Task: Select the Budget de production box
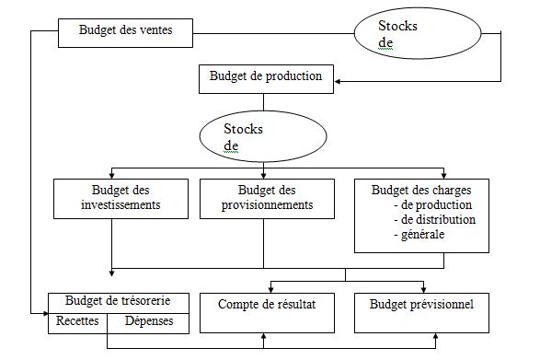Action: click(266, 77)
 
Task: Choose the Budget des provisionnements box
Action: click(267, 198)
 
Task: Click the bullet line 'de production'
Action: click(431, 204)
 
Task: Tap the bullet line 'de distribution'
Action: click(433, 220)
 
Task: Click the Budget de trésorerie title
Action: click(122, 301)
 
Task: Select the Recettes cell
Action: click(79, 321)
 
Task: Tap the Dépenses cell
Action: click(149, 321)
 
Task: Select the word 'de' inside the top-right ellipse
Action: click(385, 42)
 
